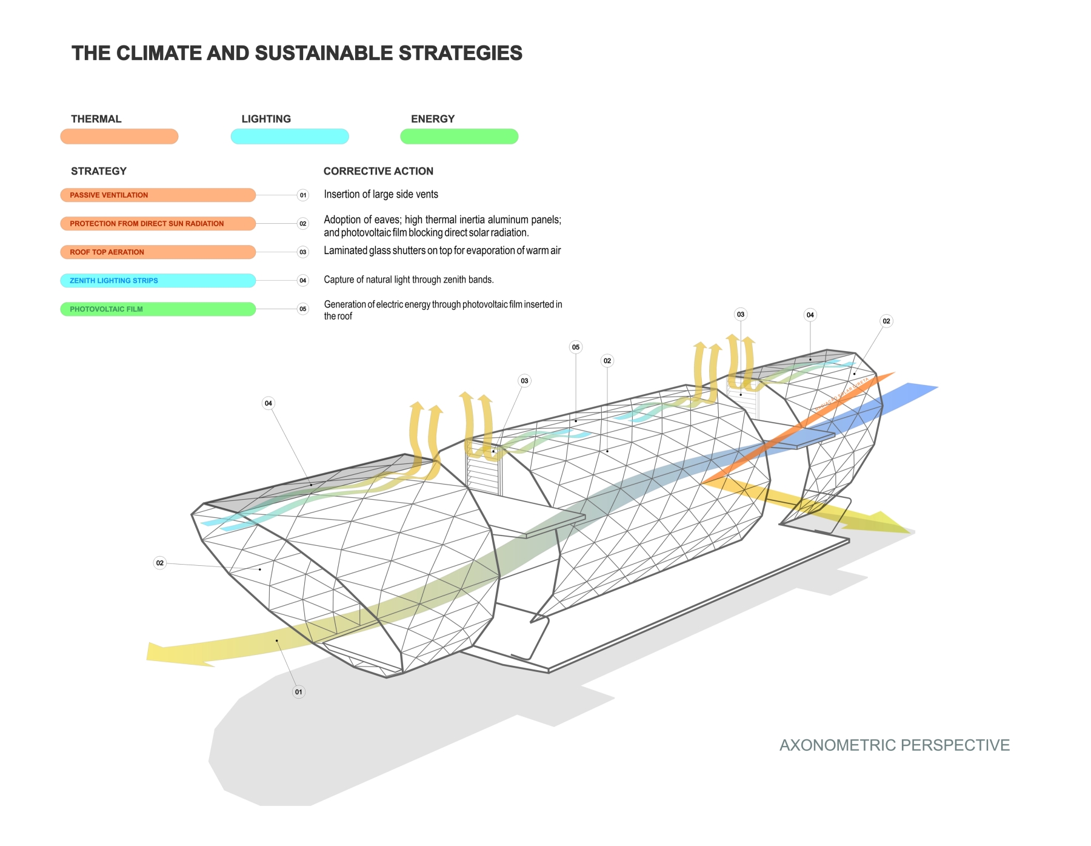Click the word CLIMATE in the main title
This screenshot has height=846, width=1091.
click(159, 53)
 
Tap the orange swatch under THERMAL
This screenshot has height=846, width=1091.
click(119, 136)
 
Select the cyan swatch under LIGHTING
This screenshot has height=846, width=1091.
click(290, 136)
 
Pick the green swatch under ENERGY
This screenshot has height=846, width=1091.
click(459, 136)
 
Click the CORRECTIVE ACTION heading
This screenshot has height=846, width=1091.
click(378, 171)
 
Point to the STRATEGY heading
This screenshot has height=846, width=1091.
click(99, 171)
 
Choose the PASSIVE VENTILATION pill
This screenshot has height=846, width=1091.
click(158, 195)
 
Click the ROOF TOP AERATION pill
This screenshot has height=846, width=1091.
click(158, 252)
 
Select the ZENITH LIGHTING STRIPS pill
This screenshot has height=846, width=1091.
click(158, 281)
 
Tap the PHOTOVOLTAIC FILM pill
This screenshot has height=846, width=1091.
click(158, 309)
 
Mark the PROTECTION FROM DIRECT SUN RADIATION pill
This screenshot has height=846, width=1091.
click(158, 224)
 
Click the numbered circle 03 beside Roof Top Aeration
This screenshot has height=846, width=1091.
click(303, 252)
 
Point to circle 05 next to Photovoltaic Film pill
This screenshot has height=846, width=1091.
click(303, 309)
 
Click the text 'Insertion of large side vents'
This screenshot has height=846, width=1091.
click(381, 195)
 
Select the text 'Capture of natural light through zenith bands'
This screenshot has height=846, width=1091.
click(409, 280)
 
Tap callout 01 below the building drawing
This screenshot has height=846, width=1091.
click(298, 692)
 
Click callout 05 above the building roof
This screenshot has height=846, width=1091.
click(576, 347)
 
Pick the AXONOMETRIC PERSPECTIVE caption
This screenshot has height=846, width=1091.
click(894, 745)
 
